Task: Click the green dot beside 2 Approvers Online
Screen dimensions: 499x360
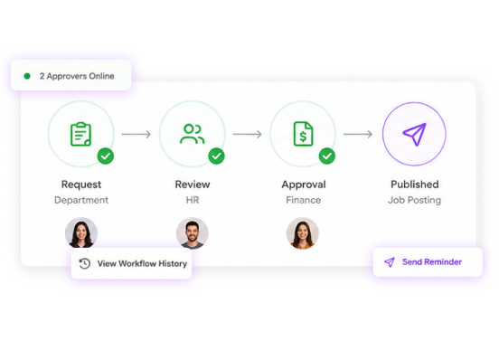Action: click(27, 76)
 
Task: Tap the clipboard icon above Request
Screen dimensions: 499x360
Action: click(80, 134)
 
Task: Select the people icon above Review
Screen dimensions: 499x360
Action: click(193, 134)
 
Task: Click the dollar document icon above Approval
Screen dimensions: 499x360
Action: click(303, 134)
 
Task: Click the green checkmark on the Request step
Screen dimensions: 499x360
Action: click(106, 156)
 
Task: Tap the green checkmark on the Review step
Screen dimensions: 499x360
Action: click(216, 156)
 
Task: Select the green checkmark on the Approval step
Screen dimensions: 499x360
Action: click(327, 156)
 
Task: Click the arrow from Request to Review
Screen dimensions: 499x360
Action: click(137, 134)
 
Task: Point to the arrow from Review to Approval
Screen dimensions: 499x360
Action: click(247, 134)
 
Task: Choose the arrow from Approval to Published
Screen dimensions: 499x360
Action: click(358, 134)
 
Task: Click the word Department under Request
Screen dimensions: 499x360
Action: click(81, 200)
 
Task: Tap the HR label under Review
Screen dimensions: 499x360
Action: click(193, 200)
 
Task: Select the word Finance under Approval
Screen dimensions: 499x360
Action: click(303, 200)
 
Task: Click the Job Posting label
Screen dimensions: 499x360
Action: click(414, 200)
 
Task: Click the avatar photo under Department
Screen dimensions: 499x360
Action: click(81, 233)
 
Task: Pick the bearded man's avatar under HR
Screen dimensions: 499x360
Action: click(193, 233)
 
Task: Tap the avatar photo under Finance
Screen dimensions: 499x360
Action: click(303, 233)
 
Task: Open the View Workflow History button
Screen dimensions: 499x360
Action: click(131, 263)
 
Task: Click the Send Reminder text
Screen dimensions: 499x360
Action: click(432, 262)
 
